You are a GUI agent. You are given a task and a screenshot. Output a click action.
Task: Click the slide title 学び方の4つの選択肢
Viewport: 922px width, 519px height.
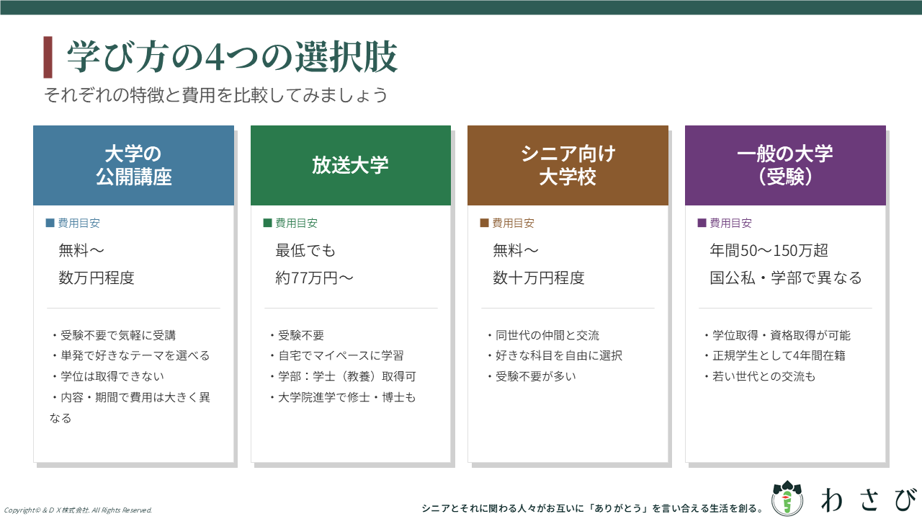tap(232, 57)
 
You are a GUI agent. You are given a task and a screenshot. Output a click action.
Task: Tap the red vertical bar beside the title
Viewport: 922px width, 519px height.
tap(48, 57)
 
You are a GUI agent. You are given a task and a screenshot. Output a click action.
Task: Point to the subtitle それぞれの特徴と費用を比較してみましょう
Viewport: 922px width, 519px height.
tap(216, 95)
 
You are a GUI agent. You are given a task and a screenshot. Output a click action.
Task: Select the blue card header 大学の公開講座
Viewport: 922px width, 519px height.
tap(134, 165)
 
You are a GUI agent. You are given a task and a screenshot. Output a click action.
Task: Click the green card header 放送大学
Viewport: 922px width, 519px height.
tap(351, 165)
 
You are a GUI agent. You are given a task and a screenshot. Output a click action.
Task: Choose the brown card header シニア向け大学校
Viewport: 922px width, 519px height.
tap(568, 165)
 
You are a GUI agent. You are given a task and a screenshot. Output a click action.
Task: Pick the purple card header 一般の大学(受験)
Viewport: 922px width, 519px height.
tap(785, 165)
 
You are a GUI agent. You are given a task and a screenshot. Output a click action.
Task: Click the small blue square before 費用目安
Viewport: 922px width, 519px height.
tap(50, 223)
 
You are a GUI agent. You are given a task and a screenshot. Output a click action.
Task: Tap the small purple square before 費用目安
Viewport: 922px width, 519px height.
tap(702, 223)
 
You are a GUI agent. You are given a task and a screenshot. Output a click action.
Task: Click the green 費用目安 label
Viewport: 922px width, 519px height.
tap(296, 223)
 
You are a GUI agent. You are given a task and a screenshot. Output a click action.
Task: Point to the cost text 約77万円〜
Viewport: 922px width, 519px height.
tap(315, 278)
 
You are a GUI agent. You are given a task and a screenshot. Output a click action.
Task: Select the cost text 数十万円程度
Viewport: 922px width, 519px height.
tap(539, 278)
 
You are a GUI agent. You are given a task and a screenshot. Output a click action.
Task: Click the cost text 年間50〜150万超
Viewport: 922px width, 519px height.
tap(769, 250)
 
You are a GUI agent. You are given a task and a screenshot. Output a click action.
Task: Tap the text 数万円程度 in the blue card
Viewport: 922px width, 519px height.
tap(97, 278)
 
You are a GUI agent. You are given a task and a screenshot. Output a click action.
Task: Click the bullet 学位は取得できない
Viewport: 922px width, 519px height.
tap(108, 376)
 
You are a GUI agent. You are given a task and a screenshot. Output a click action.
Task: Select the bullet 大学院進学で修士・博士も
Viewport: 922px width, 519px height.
tap(343, 397)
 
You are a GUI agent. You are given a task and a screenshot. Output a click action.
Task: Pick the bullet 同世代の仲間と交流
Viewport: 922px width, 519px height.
tap(543, 335)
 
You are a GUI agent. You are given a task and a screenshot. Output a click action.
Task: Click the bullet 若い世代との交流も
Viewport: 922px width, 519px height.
tap(759, 376)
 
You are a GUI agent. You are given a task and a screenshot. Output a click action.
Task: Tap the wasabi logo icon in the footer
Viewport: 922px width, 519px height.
tap(787, 497)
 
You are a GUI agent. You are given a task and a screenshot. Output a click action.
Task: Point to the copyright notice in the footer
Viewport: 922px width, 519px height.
tap(78, 510)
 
